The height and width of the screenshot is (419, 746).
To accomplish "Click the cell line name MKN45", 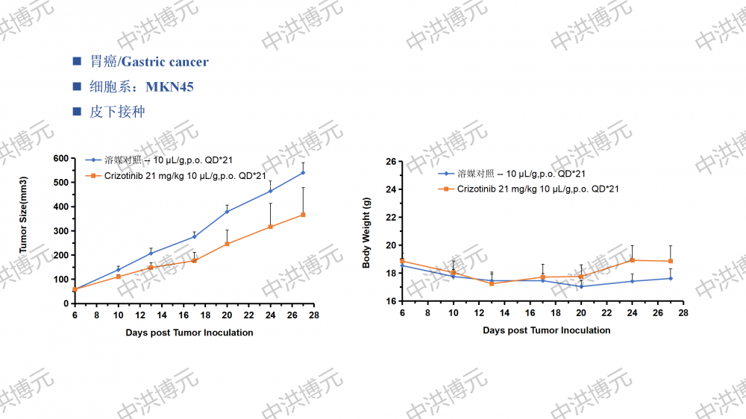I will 169,87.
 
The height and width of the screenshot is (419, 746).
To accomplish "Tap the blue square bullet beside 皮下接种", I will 76,113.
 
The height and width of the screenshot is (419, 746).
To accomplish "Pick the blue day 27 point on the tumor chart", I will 303,172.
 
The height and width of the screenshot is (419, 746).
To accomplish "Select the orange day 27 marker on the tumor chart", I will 303,215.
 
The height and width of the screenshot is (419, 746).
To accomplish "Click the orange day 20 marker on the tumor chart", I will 227,244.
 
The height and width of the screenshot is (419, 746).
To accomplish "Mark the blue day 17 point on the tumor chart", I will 195,236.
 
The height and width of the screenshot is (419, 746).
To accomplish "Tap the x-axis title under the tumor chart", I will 189,333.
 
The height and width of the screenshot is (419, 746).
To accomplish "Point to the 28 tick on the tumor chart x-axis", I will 314,315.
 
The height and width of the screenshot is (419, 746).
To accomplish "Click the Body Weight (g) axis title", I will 366,233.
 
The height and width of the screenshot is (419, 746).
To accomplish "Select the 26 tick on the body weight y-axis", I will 390,161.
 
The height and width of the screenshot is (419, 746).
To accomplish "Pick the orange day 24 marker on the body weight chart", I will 632,260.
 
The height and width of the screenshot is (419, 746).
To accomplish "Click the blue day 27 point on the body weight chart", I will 671,278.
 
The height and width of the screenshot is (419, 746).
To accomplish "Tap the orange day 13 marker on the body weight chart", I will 492,283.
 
